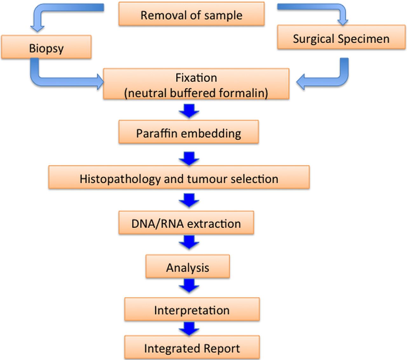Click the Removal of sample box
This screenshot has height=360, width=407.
click(191, 14)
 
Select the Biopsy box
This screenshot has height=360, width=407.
click(46, 47)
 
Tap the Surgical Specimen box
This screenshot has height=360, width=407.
click(341, 37)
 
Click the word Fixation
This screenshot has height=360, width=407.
click(196, 78)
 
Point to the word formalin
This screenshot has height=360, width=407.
click(241, 93)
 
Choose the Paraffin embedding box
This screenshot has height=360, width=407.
click(189, 132)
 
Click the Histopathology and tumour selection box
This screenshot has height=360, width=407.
click(179, 177)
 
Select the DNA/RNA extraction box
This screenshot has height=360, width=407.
click(186, 223)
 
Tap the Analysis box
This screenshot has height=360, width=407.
click(188, 267)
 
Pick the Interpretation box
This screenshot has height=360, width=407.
click(192, 309)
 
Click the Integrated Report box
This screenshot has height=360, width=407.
click(192, 347)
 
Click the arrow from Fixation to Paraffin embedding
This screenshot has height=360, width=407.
click(189, 111)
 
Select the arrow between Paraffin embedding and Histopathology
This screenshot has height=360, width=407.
click(189, 159)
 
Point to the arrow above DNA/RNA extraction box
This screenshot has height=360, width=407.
click(189, 200)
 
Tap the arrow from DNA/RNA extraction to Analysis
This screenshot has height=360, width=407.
click(189, 242)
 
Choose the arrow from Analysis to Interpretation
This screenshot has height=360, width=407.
click(189, 286)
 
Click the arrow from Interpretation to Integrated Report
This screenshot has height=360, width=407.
click(189, 329)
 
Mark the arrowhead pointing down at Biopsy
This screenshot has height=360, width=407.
click(38, 29)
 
